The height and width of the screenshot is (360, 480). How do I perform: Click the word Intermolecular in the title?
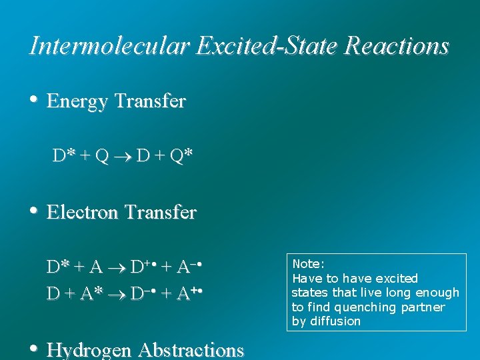coord(109,46)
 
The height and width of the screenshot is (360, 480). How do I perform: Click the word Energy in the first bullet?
coord(78,102)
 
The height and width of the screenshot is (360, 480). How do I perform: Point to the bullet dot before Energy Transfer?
coord(33,100)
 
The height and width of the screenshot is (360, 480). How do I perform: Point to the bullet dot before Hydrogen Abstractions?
coord(33,348)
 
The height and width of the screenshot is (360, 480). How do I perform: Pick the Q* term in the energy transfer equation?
coord(182,156)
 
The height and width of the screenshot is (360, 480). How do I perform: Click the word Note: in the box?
coord(308,264)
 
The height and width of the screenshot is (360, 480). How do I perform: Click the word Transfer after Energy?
coord(150,102)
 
